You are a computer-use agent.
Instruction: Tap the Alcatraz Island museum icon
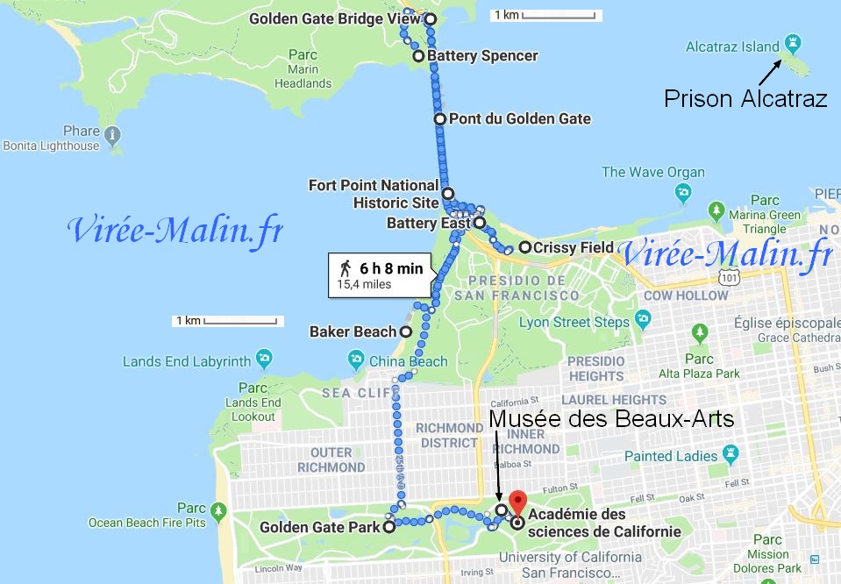[794, 42]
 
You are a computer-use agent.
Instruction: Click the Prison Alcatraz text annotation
[745, 98]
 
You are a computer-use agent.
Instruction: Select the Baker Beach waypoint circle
[405, 332]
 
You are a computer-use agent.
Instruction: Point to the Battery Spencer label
[482, 56]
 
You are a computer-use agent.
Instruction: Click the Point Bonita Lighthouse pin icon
[112, 135]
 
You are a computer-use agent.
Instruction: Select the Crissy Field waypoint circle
[524, 247]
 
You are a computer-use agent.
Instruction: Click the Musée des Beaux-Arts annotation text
[610, 418]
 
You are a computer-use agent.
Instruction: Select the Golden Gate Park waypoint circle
[388, 528]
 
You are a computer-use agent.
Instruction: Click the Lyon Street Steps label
[574, 322]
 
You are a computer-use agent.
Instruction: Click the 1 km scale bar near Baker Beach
[226, 321]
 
